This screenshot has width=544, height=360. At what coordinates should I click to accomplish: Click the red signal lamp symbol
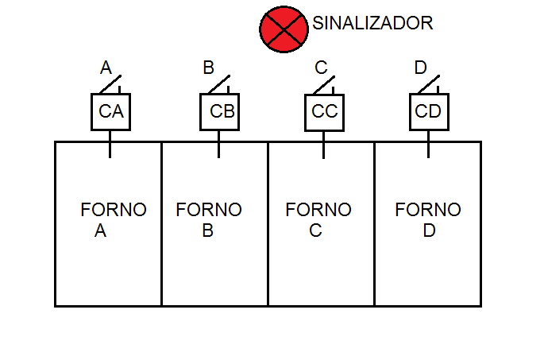coord(283,29)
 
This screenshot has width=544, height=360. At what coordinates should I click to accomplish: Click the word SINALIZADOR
coord(372,23)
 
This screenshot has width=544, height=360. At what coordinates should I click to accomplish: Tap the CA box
coord(110,111)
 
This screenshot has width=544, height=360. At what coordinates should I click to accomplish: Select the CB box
coord(219,111)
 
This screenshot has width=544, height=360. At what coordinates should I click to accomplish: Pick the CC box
coord(324,111)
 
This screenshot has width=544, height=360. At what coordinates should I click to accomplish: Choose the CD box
coord(429,111)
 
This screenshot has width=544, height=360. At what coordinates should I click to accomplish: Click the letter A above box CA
coord(106,68)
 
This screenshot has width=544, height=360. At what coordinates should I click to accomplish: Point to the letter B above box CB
coord(209,68)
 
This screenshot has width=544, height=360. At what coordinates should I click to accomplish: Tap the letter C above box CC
coord(321,68)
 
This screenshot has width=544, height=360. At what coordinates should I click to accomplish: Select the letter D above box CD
coord(421,68)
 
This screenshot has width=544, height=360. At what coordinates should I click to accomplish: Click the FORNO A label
coord(113,220)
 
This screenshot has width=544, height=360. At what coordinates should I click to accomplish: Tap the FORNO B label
coord(208,220)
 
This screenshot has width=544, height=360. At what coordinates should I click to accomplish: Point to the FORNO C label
coord(318,220)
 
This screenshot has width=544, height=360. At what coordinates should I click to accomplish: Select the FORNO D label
coord(428,220)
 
